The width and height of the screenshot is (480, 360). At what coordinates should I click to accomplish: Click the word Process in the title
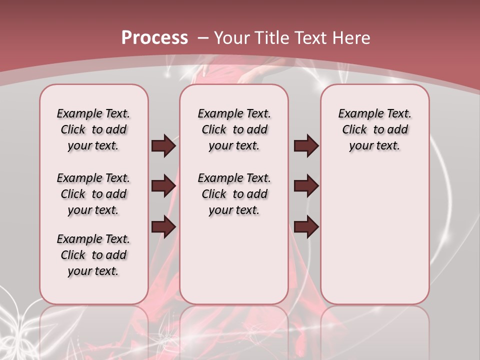pyautogui.click(x=154, y=38)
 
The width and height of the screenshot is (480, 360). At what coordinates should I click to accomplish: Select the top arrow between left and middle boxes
pyautogui.click(x=163, y=145)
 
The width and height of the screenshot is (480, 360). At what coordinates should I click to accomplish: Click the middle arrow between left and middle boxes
pyautogui.click(x=163, y=186)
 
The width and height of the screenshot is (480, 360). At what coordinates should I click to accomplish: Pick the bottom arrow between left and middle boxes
pyautogui.click(x=163, y=226)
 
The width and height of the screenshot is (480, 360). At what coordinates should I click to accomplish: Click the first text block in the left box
pyautogui.click(x=93, y=129)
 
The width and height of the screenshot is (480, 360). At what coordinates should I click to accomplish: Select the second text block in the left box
pyautogui.click(x=93, y=194)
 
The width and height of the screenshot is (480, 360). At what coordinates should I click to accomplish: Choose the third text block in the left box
pyautogui.click(x=93, y=255)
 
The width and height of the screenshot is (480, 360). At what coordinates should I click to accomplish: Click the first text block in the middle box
pyautogui.click(x=234, y=129)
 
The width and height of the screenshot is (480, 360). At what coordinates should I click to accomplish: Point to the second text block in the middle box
pyautogui.click(x=234, y=194)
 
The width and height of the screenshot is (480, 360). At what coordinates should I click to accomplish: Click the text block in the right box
pyautogui.click(x=375, y=129)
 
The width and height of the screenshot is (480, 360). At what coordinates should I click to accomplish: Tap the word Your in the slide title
pyautogui.click(x=233, y=38)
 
